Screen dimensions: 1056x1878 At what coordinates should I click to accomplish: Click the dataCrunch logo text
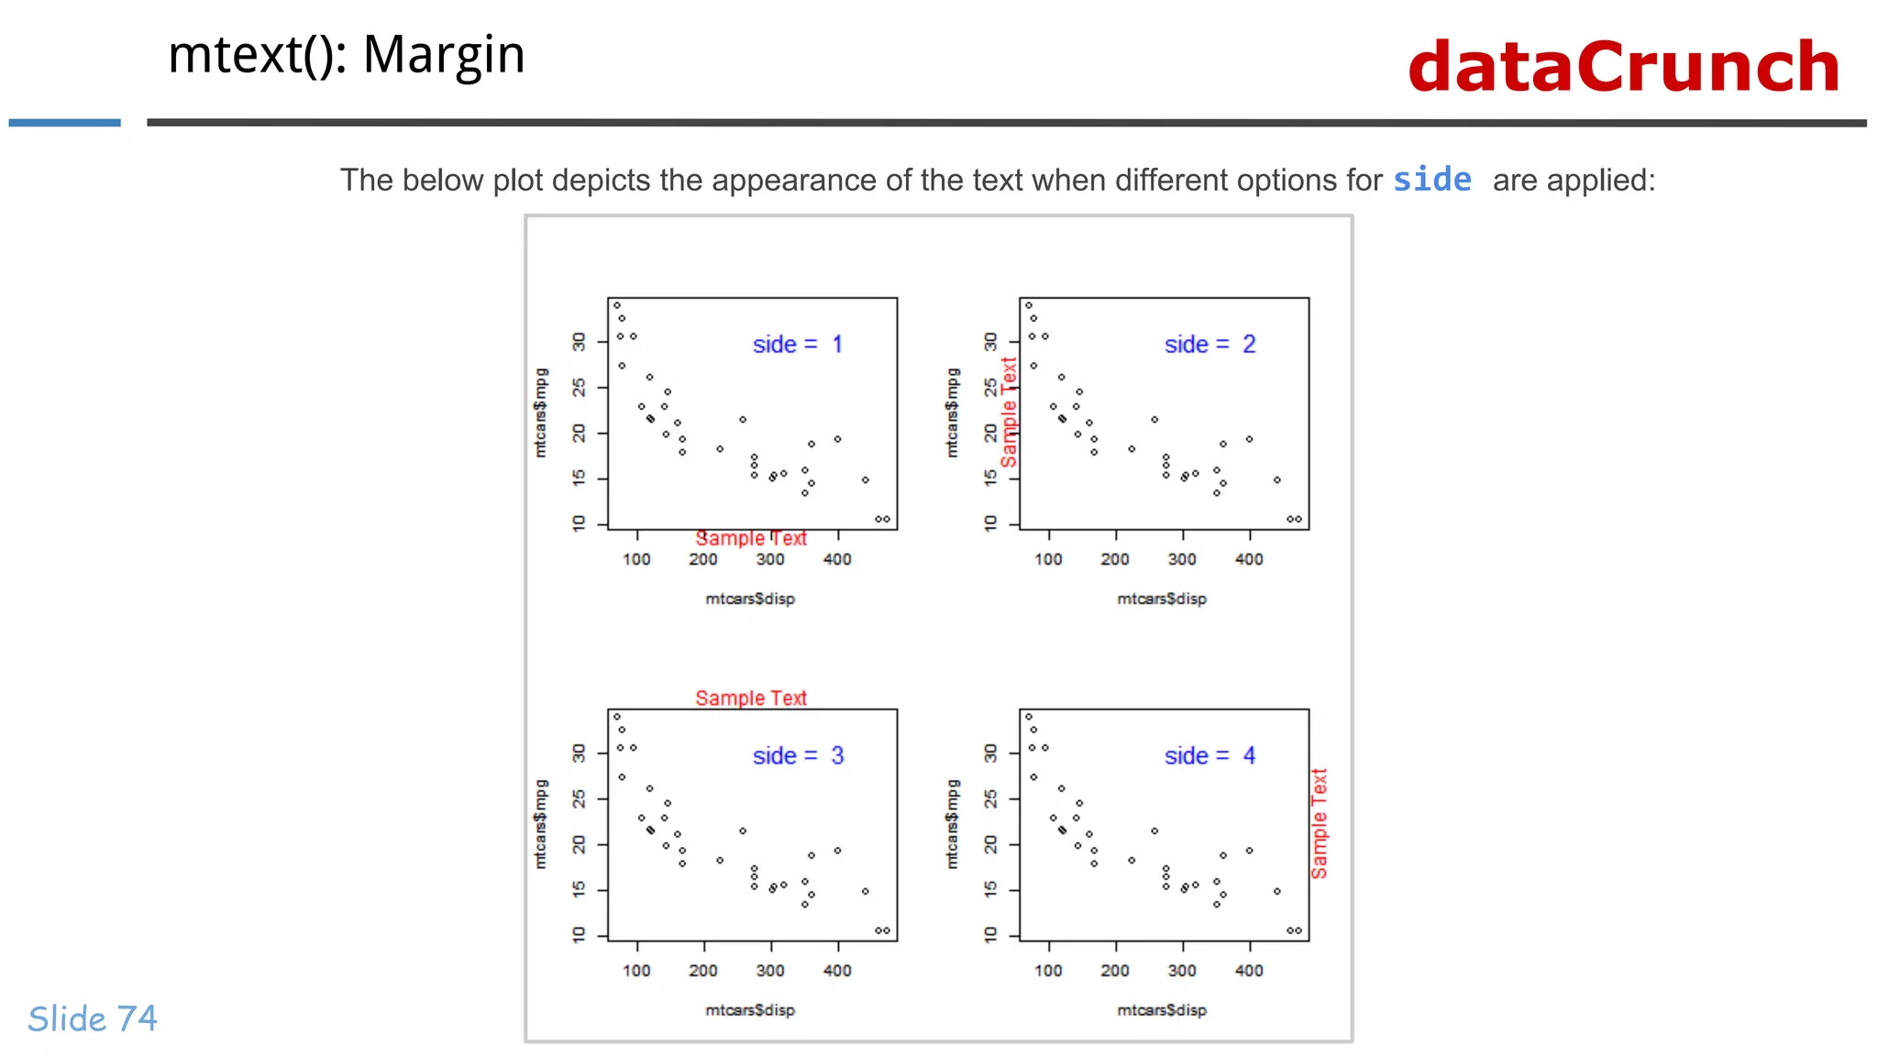[1623, 68]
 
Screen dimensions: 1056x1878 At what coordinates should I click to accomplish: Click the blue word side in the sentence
[1431, 180]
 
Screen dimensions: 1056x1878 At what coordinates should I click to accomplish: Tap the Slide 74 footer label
[93, 1018]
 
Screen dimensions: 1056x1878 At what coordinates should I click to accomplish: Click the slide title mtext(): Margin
[346, 55]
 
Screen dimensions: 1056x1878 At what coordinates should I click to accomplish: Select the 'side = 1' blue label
[797, 345]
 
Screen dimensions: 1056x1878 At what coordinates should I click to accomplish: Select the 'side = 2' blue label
[1209, 345]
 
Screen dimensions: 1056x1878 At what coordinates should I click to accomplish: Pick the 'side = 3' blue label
[797, 756]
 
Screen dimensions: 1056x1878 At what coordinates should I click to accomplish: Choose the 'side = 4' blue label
[1209, 756]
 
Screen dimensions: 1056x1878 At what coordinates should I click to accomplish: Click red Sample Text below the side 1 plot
[750, 539]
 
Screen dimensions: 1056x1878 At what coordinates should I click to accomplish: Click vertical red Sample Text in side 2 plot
[1009, 412]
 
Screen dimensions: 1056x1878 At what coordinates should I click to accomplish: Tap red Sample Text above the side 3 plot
[750, 698]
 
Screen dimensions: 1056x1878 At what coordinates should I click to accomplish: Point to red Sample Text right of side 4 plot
[1319, 823]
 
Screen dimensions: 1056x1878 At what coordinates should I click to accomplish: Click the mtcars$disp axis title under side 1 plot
[750, 599]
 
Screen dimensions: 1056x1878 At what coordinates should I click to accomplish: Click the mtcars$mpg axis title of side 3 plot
[541, 824]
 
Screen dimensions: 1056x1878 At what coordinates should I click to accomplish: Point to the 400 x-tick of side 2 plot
[1249, 559]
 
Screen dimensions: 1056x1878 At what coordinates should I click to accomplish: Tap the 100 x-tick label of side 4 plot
[1048, 971]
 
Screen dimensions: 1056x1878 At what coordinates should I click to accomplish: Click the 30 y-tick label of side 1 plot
[579, 342]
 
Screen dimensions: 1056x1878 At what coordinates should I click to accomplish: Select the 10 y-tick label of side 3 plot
[579, 935]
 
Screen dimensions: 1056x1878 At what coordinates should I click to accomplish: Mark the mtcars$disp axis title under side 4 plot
[1162, 1010]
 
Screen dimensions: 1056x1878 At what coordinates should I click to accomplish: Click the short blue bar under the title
[64, 122]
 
